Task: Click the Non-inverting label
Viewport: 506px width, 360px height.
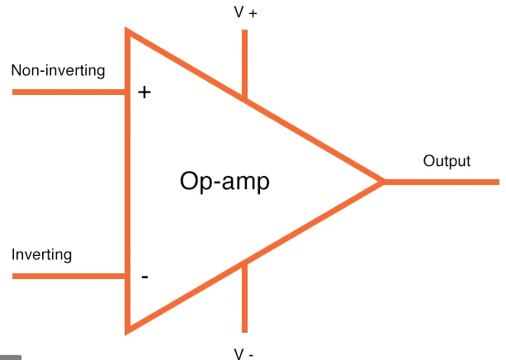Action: pyautogui.click(x=58, y=70)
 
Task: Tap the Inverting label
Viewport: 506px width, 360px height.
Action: pyautogui.click(x=41, y=254)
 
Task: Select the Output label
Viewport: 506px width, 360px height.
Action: pyautogui.click(x=447, y=161)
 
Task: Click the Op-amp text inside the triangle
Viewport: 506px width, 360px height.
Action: pyautogui.click(x=225, y=182)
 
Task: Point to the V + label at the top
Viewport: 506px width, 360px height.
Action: pyautogui.click(x=245, y=13)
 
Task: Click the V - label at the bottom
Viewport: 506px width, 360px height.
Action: pyautogui.click(x=244, y=354)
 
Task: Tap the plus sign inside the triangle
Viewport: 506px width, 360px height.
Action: pyautogui.click(x=144, y=92)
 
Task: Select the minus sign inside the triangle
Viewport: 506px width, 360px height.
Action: pyautogui.click(x=145, y=277)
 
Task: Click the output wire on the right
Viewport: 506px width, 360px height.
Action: pyautogui.click(x=442, y=182)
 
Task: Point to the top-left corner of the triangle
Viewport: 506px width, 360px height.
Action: pyautogui.click(x=127, y=31)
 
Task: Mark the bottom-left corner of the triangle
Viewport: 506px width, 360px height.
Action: pyautogui.click(x=127, y=330)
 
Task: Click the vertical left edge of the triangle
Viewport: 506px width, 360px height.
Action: pyautogui.click(x=127, y=182)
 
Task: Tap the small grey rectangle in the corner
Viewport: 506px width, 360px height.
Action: pyautogui.click(x=10, y=357)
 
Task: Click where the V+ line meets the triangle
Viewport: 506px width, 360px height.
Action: pyautogui.click(x=244, y=99)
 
